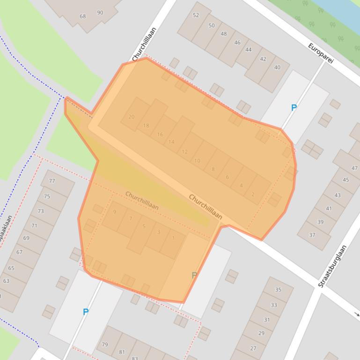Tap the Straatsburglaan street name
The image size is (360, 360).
tap(332, 266)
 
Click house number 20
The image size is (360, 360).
tap(131, 117)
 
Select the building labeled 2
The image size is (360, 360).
tap(253, 194)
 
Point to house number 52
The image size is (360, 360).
tap(196, 15)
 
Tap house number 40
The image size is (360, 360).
tap(277, 67)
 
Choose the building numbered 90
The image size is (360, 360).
tap(100, 13)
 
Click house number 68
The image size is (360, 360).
tap(83, 16)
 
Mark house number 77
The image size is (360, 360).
tap(51, 181)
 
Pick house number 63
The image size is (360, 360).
tap(6, 281)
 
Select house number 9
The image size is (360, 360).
tap(114, 212)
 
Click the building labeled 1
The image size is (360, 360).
tap(173, 238)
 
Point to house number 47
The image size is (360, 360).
tap(354, 168)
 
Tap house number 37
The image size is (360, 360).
tap(312, 235)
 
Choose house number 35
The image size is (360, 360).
tap(278, 290)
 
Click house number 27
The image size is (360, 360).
tap(253, 348)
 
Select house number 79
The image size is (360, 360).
tap(105, 345)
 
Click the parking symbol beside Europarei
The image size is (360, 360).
tap(294, 108)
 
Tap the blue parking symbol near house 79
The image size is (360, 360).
tap(86, 312)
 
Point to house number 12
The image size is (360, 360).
tap(184, 151)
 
